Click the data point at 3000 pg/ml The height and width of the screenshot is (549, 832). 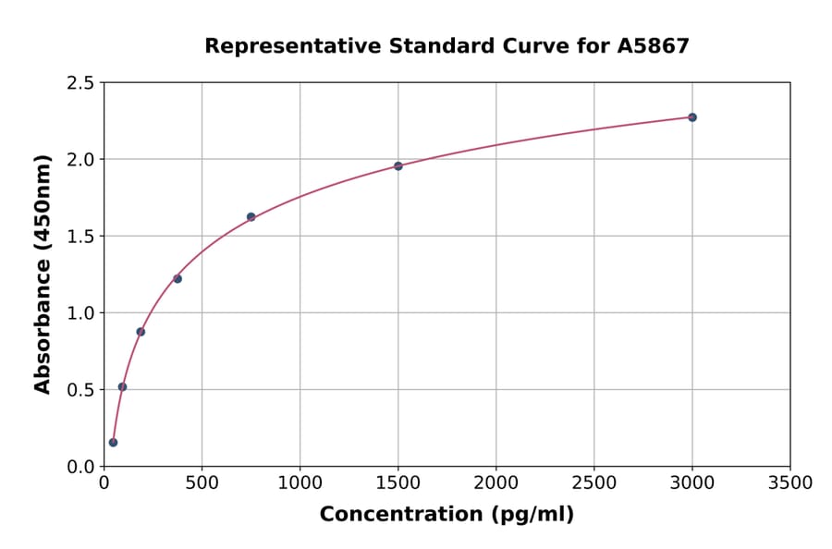691,117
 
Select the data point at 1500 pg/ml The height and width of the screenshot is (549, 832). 398,166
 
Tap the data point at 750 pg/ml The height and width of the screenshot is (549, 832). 251,217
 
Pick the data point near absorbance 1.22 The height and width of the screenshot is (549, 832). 177,279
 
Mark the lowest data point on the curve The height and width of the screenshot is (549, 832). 113,443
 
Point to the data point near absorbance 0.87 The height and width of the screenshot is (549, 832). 141,332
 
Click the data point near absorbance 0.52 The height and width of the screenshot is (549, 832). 122,387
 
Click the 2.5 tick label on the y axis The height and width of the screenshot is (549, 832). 80,83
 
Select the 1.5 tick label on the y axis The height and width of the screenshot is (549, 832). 80,237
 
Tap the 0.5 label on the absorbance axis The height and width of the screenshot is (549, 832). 80,390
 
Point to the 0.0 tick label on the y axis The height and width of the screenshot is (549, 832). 80,467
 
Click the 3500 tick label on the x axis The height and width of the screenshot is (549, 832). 789,483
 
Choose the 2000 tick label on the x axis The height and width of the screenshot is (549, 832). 496,483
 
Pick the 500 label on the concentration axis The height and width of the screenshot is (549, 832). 202,483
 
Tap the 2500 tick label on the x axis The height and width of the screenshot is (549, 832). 593,483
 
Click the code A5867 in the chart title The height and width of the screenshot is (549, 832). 653,46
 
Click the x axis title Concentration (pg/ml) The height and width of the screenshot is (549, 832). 447,515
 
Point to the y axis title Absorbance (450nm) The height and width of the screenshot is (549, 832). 43,274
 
